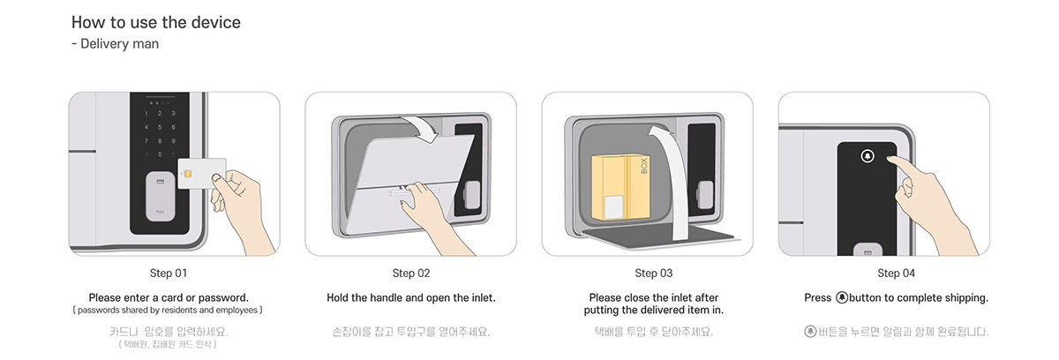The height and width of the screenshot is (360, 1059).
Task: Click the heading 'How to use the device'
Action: [155, 22]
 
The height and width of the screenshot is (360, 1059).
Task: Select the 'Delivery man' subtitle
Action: [115, 43]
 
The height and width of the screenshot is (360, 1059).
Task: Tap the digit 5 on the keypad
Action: [160, 127]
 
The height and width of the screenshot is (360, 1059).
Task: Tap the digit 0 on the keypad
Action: [160, 154]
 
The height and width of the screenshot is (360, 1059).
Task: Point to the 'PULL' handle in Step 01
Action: [160, 199]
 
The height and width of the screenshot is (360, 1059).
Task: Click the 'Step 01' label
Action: [169, 274]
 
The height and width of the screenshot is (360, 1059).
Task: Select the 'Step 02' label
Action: [411, 274]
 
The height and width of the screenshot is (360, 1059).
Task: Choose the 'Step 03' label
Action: [653, 274]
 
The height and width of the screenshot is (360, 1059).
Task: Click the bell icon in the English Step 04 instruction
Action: [842, 297]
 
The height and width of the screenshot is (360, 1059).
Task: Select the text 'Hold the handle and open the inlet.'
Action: [411, 297]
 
